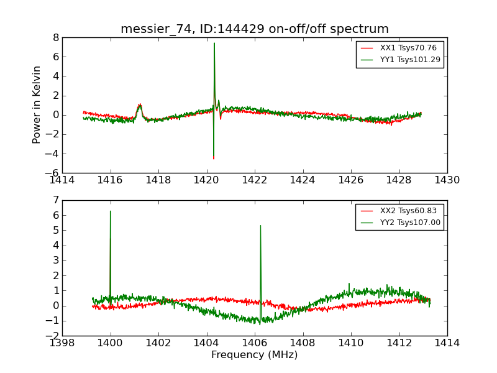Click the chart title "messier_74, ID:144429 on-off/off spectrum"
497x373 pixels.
coord(255,29)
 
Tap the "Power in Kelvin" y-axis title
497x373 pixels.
coord(37,104)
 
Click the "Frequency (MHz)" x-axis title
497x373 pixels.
coord(255,355)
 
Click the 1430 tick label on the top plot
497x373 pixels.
coord(447,180)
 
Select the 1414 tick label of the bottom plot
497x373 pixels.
coord(447,343)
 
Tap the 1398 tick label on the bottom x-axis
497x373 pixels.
coord(62,343)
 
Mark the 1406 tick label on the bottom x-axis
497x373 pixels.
coord(255,343)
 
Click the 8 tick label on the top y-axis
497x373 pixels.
coord(55,37)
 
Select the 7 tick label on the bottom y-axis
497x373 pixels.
coord(55,200)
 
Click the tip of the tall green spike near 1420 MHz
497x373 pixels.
coord(214,43)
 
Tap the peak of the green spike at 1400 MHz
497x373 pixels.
coord(111,211)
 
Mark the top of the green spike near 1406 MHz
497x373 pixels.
coord(260,226)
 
